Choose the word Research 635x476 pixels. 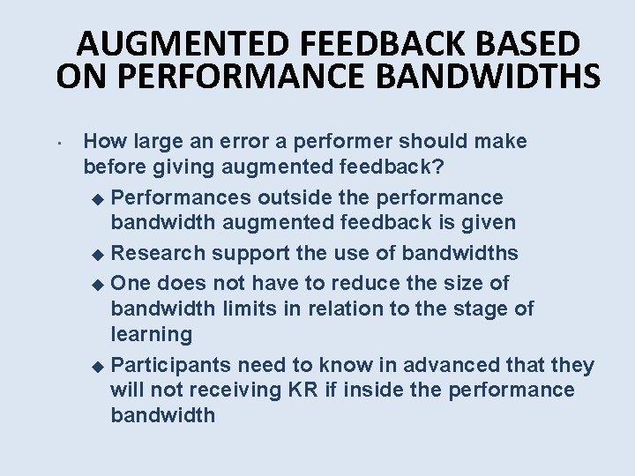(x=158, y=253)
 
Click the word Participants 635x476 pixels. (x=169, y=365)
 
